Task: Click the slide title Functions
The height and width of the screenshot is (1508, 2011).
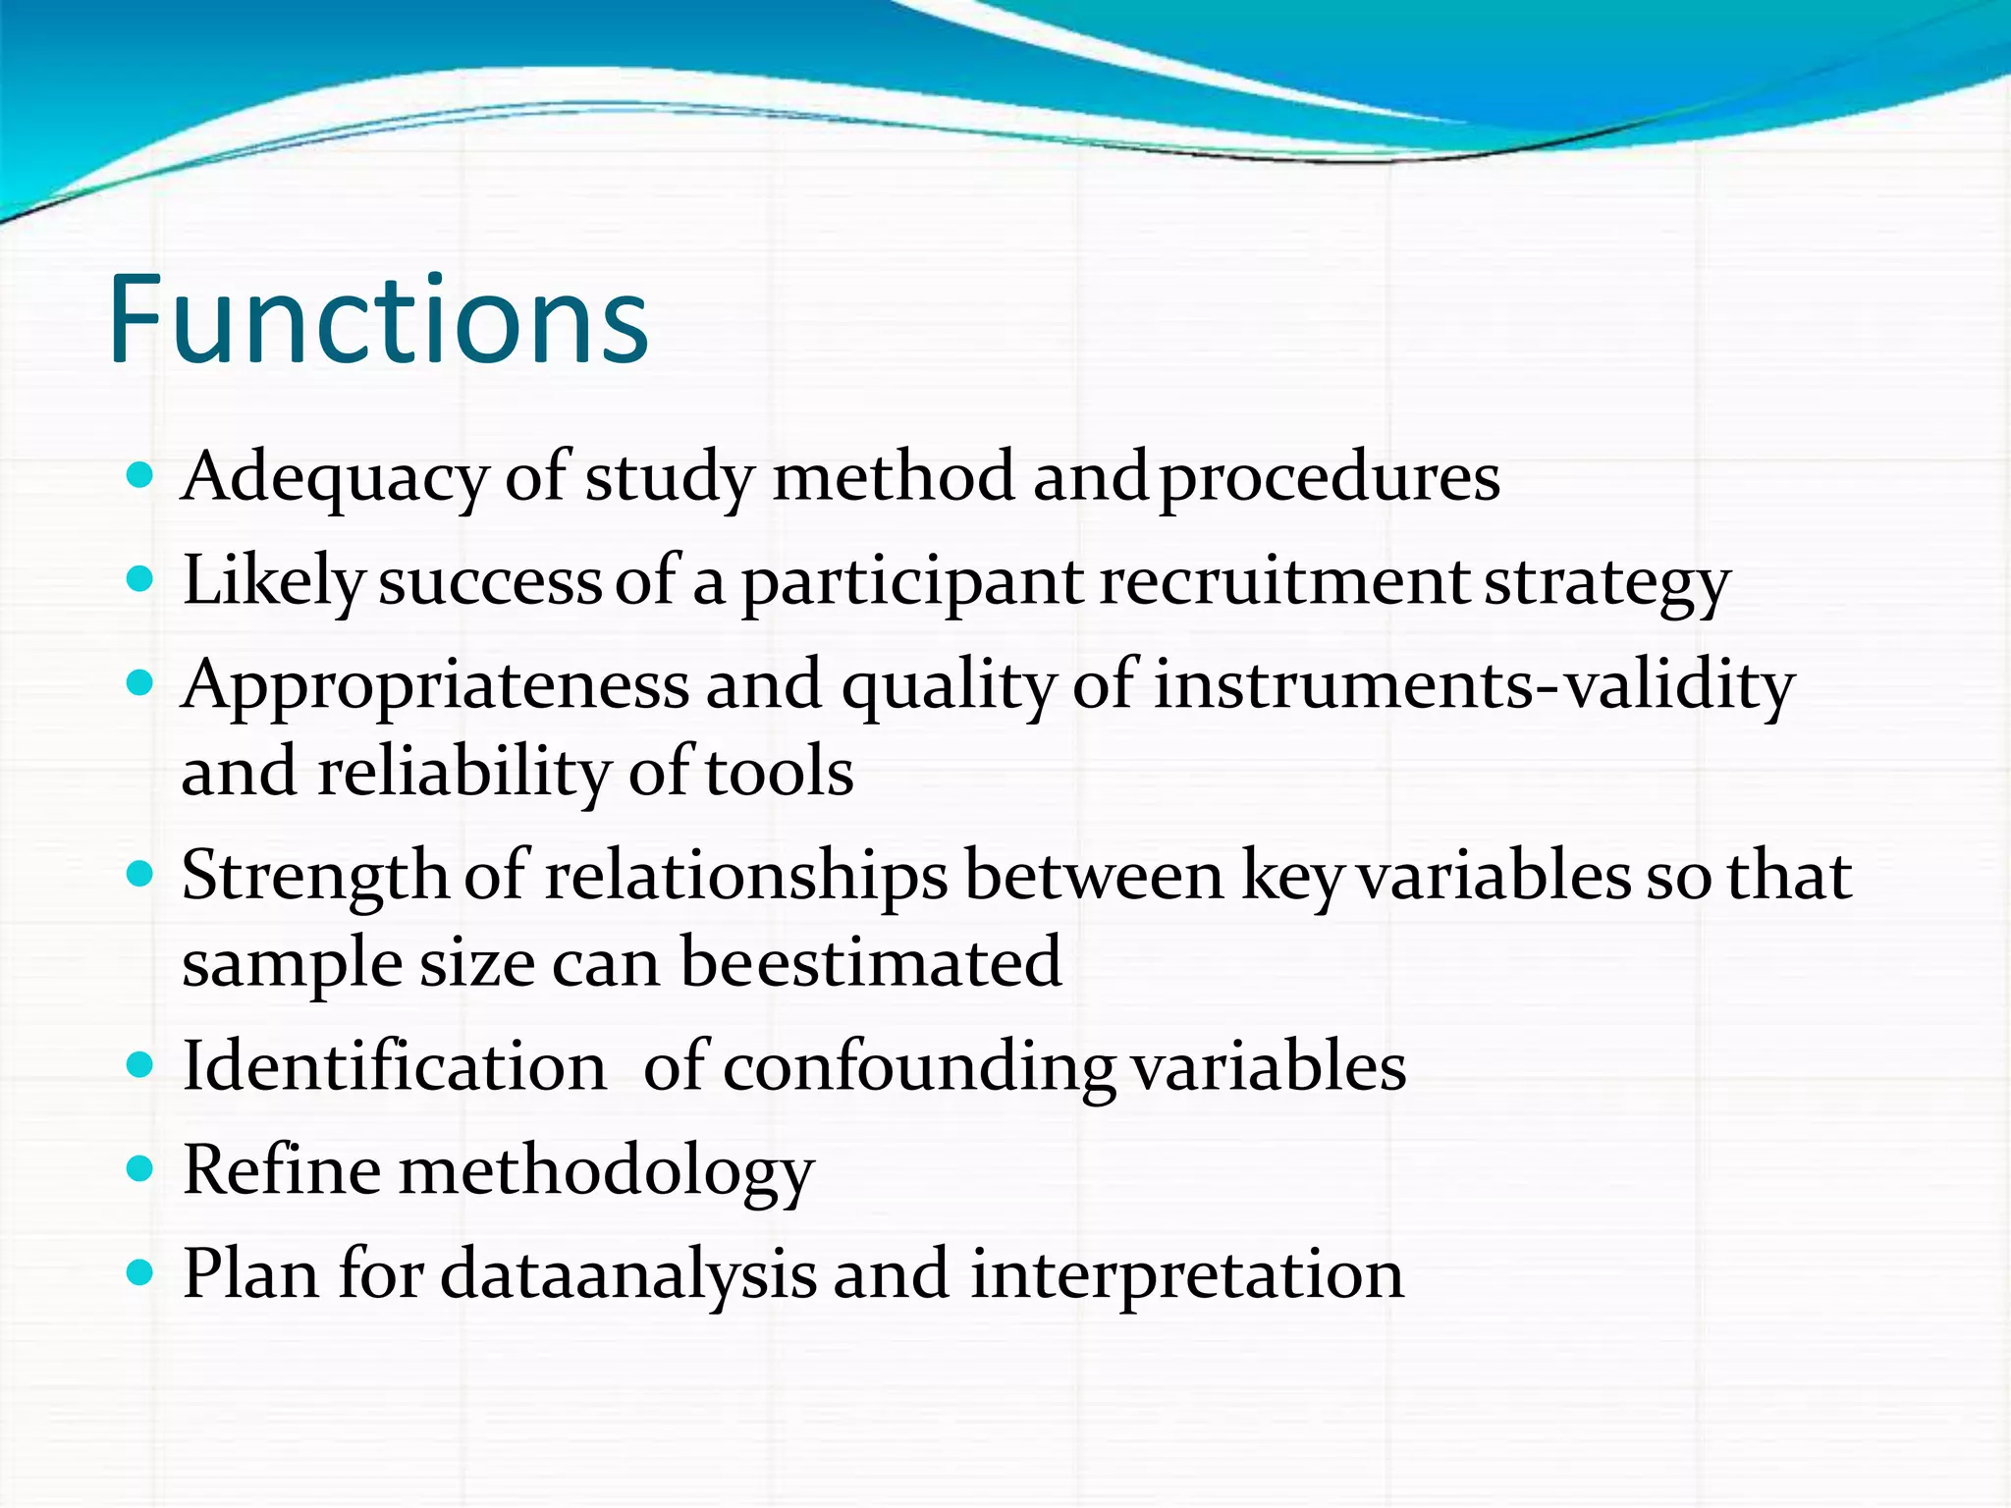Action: [378, 321]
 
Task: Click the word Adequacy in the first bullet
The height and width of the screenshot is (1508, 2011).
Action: [334, 478]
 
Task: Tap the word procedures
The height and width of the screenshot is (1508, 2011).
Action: [1330, 478]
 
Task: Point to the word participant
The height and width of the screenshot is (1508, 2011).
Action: [911, 583]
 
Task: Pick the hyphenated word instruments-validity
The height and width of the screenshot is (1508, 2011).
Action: [1473, 684]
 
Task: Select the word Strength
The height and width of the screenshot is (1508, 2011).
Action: [314, 876]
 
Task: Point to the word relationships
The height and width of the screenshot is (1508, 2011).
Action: [745, 876]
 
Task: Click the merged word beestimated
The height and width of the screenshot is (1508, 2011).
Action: [870, 962]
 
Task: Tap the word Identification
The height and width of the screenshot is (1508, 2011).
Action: [395, 1067]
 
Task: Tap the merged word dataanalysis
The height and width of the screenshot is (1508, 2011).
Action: [627, 1274]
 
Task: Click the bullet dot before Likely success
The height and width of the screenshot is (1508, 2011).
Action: [141, 578]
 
